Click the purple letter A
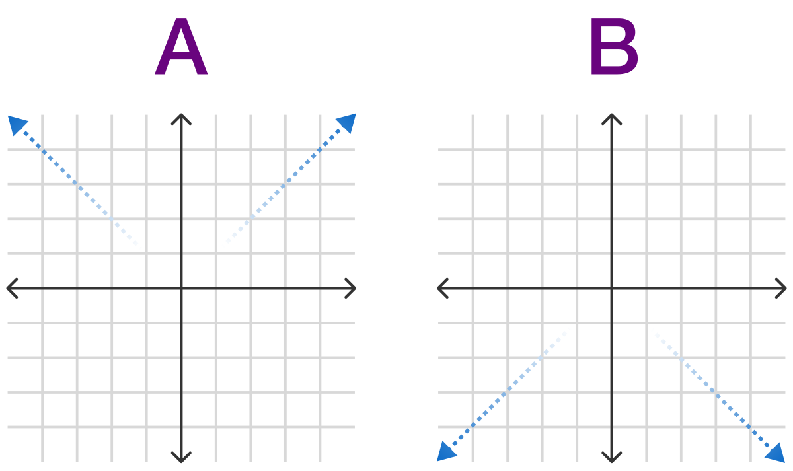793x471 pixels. pos(181,46)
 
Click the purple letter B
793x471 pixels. pos(614,46)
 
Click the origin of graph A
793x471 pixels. pos(181,289)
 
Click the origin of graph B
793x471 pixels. pos(612,289)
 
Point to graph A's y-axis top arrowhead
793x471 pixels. pos(181,119)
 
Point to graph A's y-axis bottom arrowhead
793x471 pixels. pos(181,458)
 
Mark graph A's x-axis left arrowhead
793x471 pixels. pos(13,289)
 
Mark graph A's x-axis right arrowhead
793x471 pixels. pos(350,289)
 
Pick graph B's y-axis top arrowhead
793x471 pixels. pos(612,119)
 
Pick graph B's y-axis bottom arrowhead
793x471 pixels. pos(612,458)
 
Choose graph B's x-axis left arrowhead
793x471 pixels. pos(443,289)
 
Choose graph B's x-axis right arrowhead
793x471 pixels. pos(780,289)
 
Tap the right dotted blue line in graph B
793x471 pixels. pos(712,390)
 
